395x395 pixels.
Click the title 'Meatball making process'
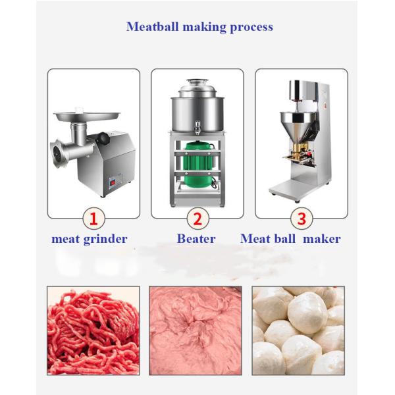(x=199, y=27)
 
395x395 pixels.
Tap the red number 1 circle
(x=93, y=219)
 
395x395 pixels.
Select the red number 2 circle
(x=197, y=219)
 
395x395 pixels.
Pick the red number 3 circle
(x=302, y=219)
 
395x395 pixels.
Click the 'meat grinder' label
(x=90, y=239)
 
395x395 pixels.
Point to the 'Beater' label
(x=196, y=238)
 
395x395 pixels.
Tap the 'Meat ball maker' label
(x=290, y=238)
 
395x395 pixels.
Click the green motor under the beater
(x=199, y=164)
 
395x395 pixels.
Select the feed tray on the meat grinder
(x=87, y=116)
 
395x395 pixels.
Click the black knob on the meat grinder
(x=103, y=138)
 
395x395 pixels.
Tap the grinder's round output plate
(x=57, y=153)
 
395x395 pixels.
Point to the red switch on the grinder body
(x=113, y=182)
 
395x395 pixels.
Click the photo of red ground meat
(x=93, y=330)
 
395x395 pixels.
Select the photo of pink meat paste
(x=196, y=330)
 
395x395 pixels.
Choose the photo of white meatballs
(x=298, y=330)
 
